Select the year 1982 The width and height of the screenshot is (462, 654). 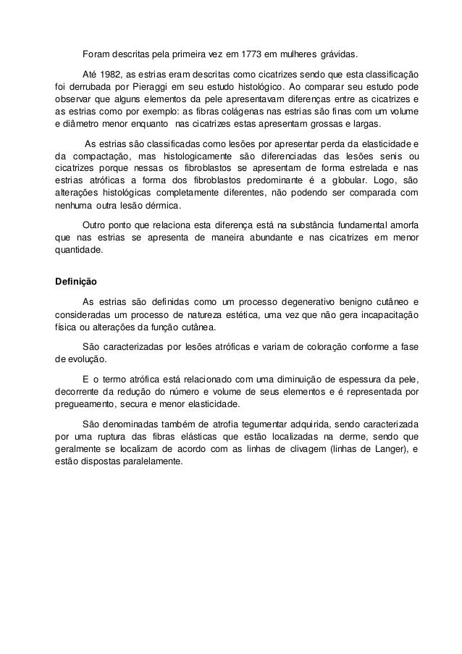116,75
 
